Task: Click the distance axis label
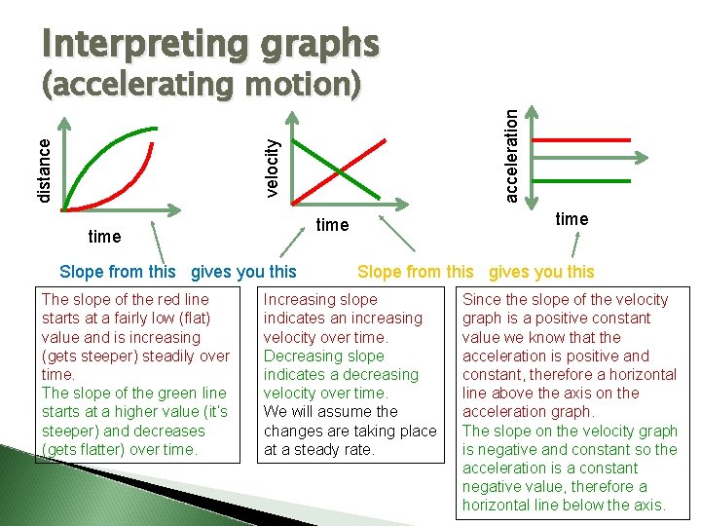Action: coord(44,168)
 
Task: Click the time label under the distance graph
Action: coord(104,237)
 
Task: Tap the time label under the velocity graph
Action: coord(332,225)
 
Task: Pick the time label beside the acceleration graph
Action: coord(572,219)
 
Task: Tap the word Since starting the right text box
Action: coord(483,300)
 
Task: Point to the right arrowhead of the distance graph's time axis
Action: coord(178,207)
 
